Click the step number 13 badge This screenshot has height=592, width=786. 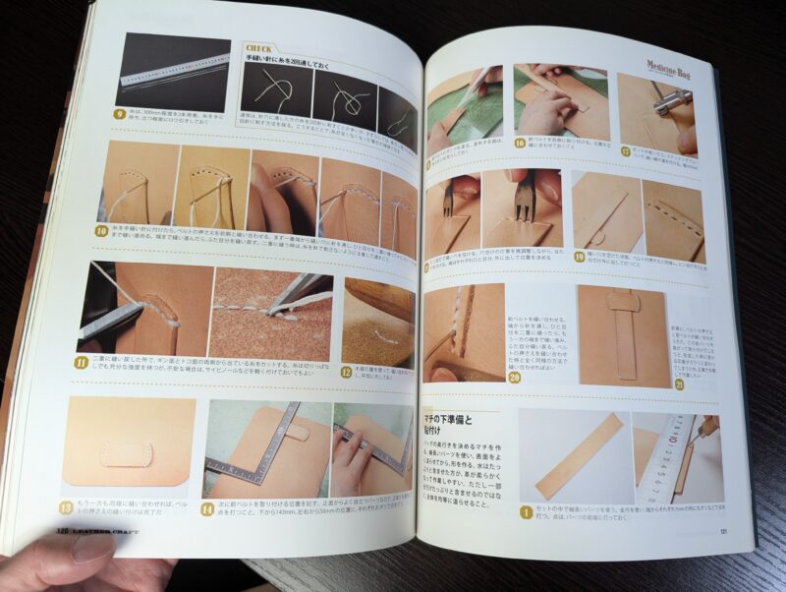pos(66,507)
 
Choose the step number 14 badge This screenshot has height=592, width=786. pos(206,508)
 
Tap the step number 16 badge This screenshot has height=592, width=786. pos(519,144)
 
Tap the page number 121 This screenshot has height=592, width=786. pos(722,535)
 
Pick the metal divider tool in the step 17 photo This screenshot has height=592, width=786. pos(674,99)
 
